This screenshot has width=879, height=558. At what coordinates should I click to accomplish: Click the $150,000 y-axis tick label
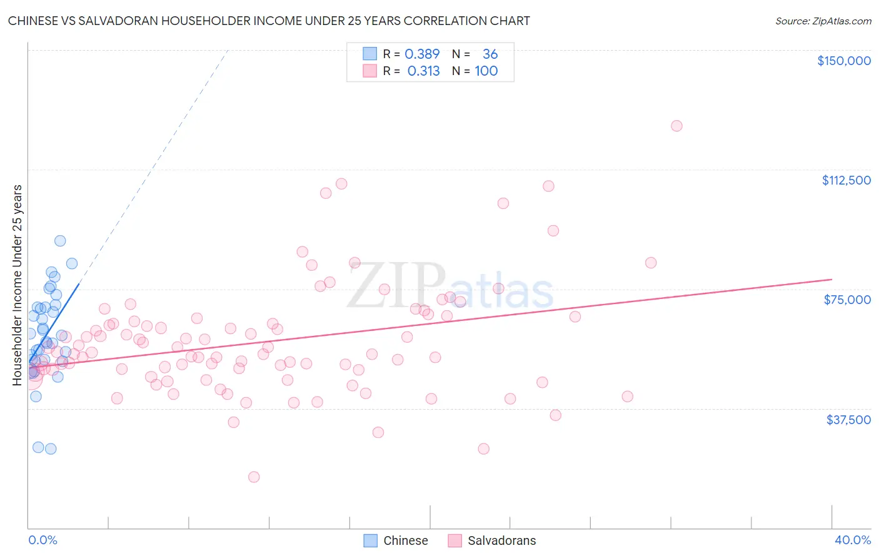(x=843, y=61)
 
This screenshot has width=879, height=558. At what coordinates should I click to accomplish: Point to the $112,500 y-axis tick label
(x=846, y=180)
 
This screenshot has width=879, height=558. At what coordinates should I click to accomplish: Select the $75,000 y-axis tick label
(x=847, y=300)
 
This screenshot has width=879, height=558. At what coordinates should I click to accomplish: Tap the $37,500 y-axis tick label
(x=848, y=420)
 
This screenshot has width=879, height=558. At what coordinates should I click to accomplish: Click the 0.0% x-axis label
(x=43, y=540)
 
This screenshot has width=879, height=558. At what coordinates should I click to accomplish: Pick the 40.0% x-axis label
(x=852, y=540)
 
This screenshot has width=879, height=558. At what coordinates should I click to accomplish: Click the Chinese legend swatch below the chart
(x=371, y=540)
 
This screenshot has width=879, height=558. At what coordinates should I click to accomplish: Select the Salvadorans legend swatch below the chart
(x=455, y=540)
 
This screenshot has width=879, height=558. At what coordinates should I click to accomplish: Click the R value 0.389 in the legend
(x=422, y=54)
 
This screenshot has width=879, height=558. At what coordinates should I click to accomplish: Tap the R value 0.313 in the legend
(x=423, y=71)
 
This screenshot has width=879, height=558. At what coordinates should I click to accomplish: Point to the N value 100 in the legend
(x=486, y=71)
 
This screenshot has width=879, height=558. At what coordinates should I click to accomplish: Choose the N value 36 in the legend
(x=490, y=54)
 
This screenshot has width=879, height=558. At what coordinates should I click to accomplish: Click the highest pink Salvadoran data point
(x=676, y=126)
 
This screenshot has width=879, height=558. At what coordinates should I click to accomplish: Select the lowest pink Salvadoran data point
(x=254, y=477)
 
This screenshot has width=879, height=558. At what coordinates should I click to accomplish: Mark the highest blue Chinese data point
(x=60, y=241)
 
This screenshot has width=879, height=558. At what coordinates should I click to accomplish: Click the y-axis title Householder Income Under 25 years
(x=18, y=285)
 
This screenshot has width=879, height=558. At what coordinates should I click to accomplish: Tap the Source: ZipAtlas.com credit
(x=823, y=21)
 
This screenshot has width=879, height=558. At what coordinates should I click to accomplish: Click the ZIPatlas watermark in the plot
(x=450, y=288)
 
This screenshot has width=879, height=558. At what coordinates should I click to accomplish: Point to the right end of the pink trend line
(x=831, y=279)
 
